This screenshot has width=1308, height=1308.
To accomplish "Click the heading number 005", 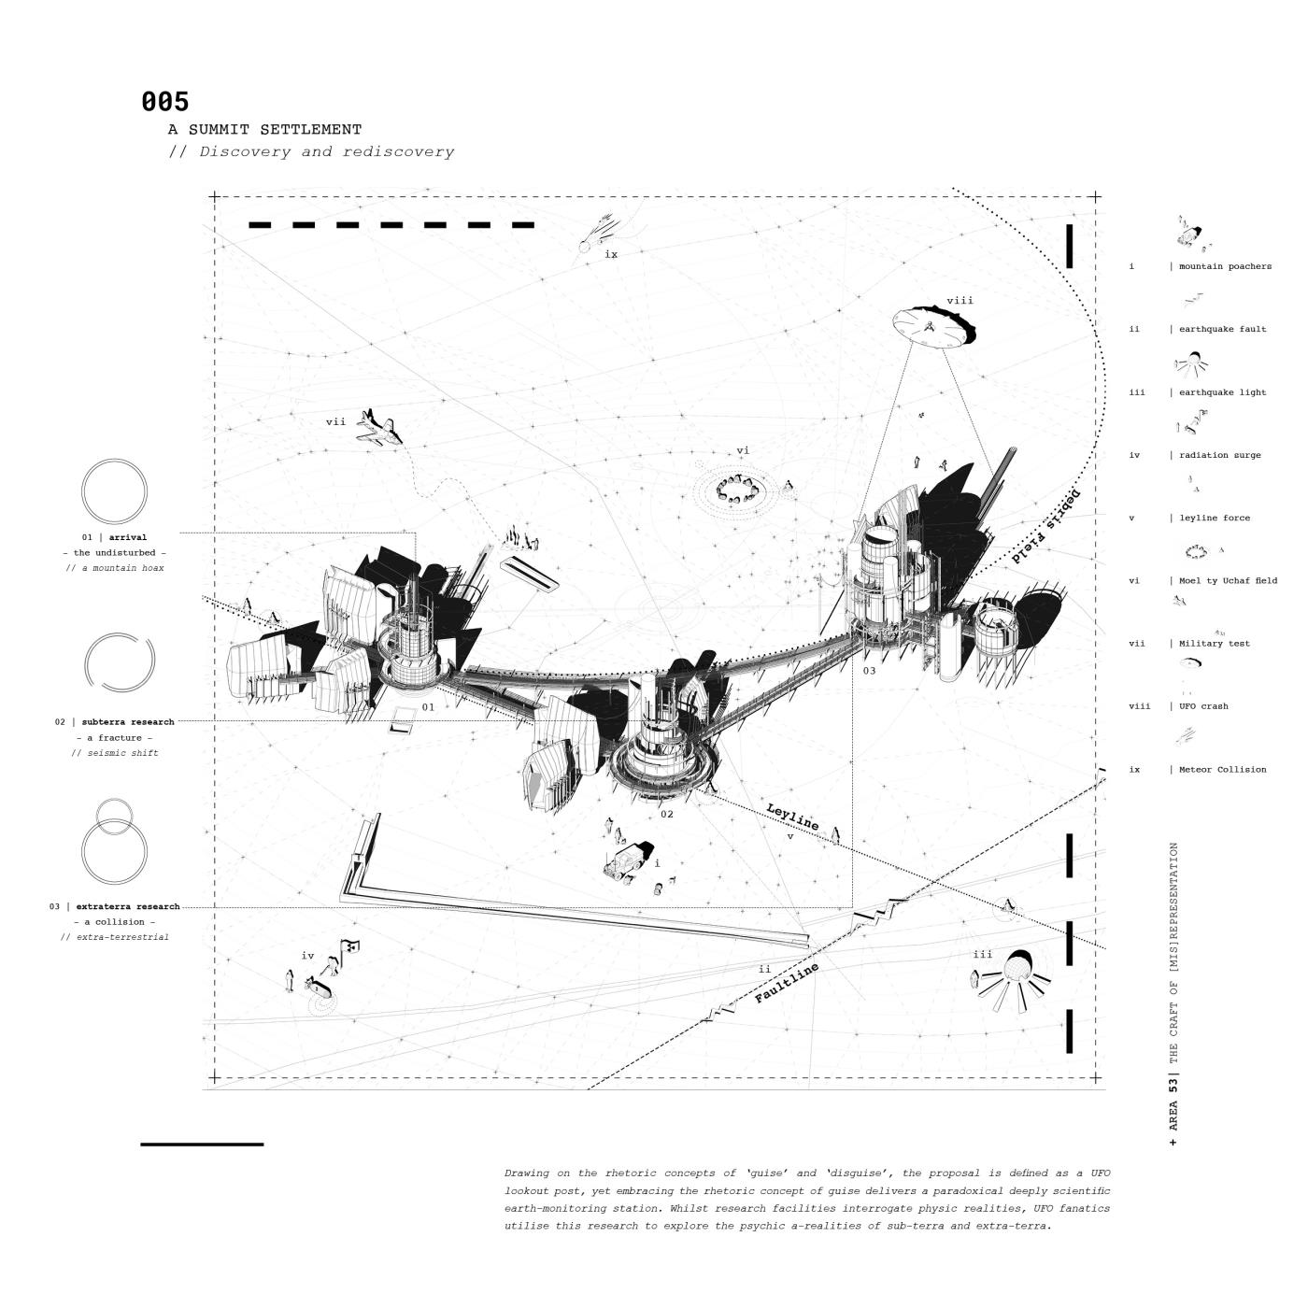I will (x=165, y=102).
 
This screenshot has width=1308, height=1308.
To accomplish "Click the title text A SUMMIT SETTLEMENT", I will (x=264, y=130).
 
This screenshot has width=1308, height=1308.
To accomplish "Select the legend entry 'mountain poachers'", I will (x=1224, y=266).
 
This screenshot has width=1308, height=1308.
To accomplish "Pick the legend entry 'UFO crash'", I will (x=1202, y=706).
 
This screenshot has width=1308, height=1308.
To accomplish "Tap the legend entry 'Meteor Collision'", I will (x=1222, y=770).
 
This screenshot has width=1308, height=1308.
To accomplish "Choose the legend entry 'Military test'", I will (x=1214, y=644).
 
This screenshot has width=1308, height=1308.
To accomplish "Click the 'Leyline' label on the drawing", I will (x=792, y=817).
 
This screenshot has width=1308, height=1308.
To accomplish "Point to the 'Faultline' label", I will (x=787, y=983).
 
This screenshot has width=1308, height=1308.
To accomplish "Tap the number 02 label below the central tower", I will (x=666, y=814).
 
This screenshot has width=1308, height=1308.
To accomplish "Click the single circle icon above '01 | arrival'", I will (x=114, y=491).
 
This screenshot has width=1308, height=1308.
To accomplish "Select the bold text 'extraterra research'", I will (x=127, y=906).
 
